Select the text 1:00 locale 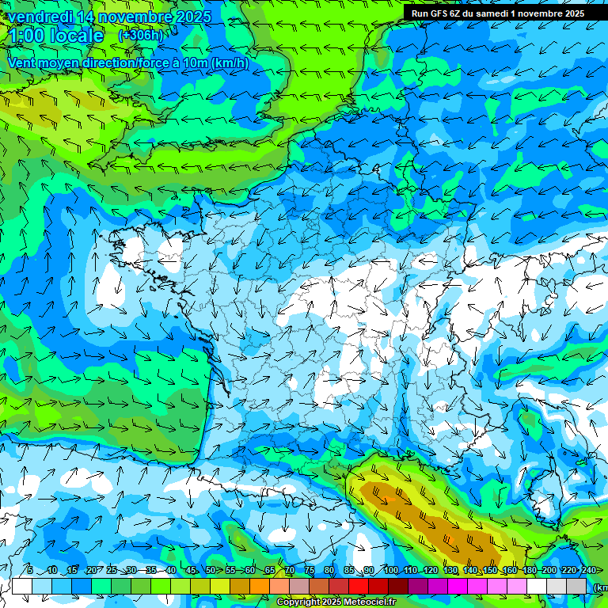click(x=55, y=36)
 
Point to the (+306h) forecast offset click(x=140, y=35)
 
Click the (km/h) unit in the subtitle click(x=230, y=63)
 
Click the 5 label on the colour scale click(x=30, y=571)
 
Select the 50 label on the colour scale click(x=210, y=571)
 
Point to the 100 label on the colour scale click(x=391, y=571)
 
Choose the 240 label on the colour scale click(x=588, y=571)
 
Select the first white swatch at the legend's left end click(x=22, y=586)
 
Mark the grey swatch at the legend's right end click(x=576, y=586)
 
